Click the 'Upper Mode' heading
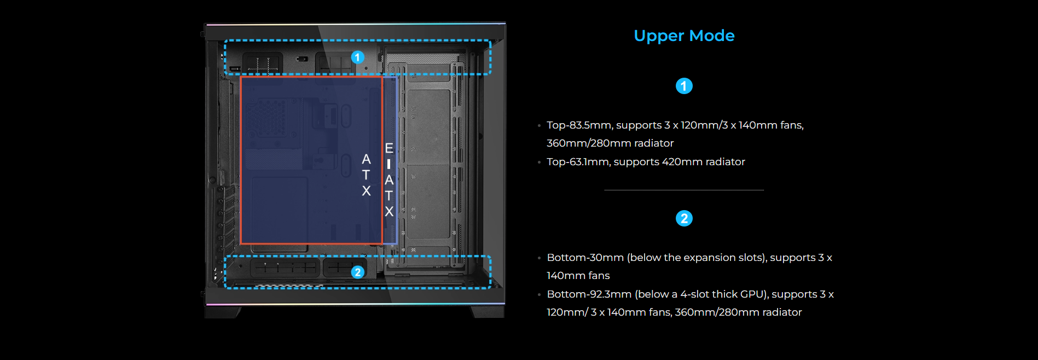(x=684, y=36)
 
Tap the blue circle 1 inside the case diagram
(x=358, y=57)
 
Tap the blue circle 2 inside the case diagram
(x=358, y=272)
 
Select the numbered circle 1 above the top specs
(x=684, y=86)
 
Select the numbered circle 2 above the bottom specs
(x=684, y=218)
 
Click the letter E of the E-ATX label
(x=389, y=148)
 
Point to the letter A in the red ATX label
(x=366, y=159)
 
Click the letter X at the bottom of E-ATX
(x=389, y=212)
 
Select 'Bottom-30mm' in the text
(x=585, y=258)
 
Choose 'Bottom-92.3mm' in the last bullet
(x=589, y=294)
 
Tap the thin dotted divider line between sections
(x=684, y=190)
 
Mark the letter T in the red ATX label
(x=366, y=175)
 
